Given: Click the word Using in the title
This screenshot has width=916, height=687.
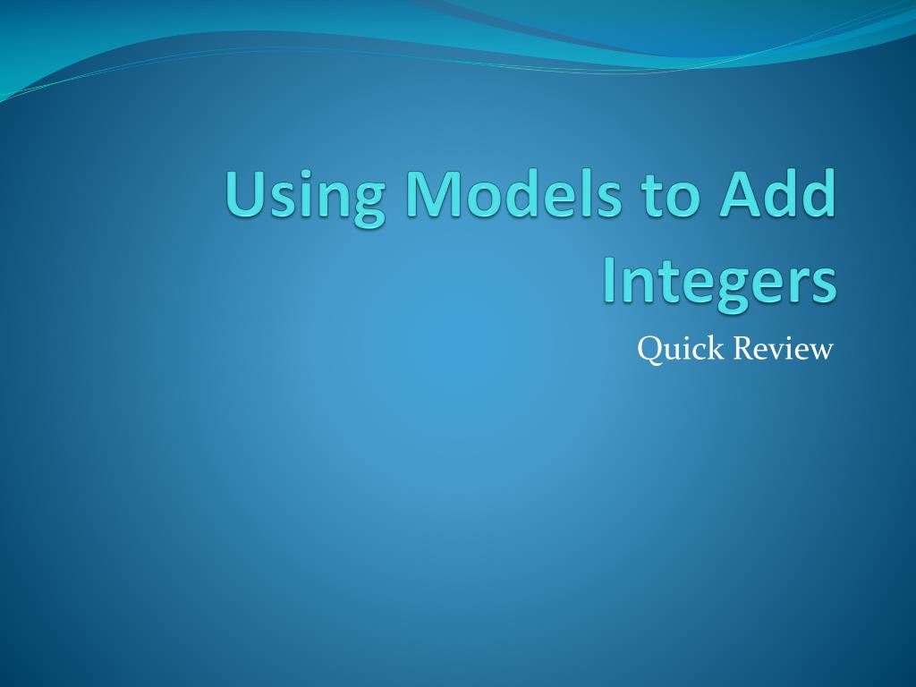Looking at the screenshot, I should [x=306, y=195].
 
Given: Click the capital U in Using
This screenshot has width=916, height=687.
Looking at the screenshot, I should [x=245, y=193].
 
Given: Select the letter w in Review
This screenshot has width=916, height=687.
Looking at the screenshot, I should [x=820, y=352].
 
